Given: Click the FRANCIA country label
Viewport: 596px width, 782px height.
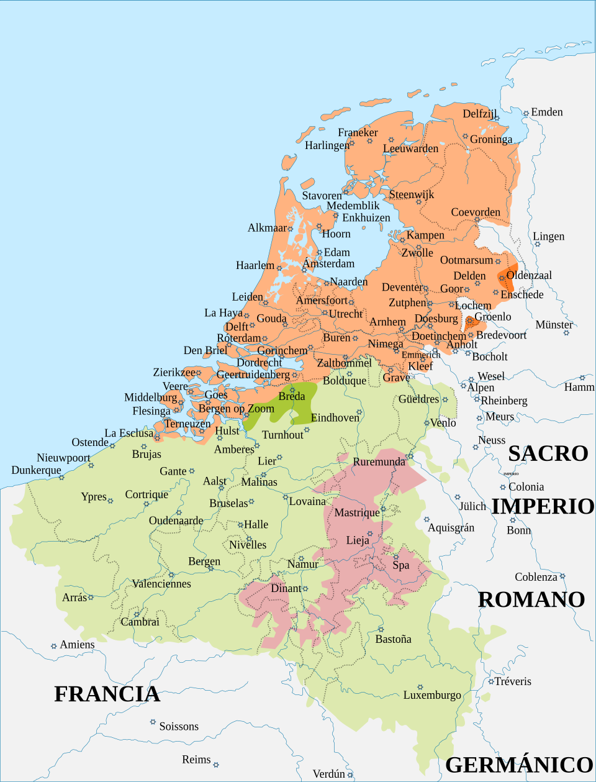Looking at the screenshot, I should coord(107,694).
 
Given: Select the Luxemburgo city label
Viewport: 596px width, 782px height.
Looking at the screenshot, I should coord(432,695).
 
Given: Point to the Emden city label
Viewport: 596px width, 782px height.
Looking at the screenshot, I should coord(546,112).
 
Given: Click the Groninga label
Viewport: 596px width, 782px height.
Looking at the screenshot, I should coord(491,139).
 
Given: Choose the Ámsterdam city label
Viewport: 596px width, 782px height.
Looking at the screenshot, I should coord(328,263).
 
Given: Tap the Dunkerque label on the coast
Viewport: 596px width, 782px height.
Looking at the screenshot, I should coord(36,470).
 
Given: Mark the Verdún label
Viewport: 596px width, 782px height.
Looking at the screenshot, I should coord(328,774).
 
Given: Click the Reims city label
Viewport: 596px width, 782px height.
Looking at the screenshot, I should coord(196,760).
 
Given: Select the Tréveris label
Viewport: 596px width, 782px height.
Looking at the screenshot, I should coord(513,681).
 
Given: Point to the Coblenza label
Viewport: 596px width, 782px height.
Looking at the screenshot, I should coord(536,577).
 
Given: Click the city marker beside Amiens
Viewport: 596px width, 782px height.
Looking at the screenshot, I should coord(54,647).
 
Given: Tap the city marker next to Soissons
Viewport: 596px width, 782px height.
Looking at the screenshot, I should coord(153,722).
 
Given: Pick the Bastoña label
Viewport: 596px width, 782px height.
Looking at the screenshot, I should coord(393,639).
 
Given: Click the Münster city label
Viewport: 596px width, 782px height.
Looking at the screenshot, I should coord(554,325).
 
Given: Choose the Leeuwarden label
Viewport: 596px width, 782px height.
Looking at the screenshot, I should coord(410,148).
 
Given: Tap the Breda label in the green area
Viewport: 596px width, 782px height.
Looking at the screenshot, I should coord(291,396).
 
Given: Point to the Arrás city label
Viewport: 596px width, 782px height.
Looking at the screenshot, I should coord(74,598).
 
